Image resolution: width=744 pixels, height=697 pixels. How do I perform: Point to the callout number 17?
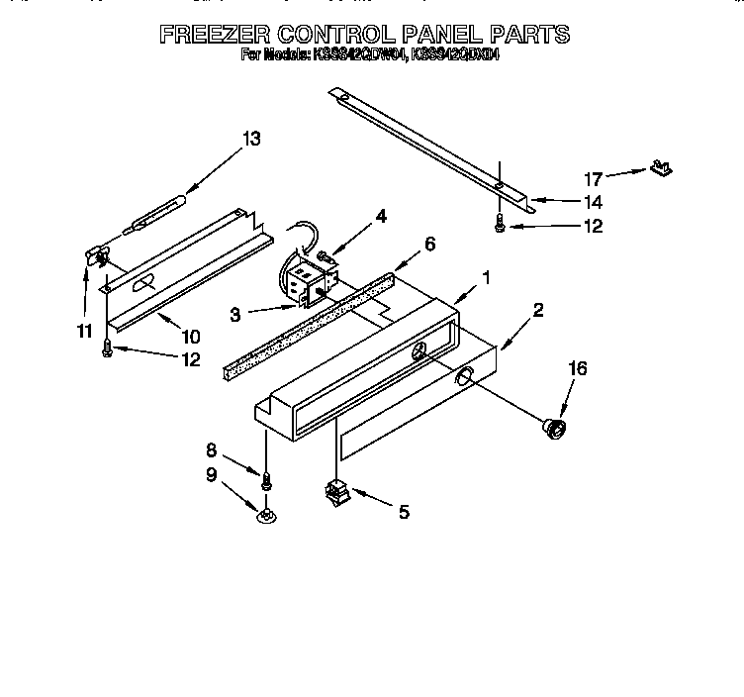point(593,179)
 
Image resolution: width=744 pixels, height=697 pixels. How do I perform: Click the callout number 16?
point(578,368)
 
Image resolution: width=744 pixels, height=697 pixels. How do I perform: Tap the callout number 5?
point(402,512)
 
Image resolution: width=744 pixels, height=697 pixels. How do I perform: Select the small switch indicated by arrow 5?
point(335,490)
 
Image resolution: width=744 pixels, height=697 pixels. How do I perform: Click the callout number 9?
point(210,474)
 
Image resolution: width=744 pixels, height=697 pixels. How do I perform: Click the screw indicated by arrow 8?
point(265,481)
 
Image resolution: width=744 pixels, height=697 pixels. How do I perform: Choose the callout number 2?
point(537,310)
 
